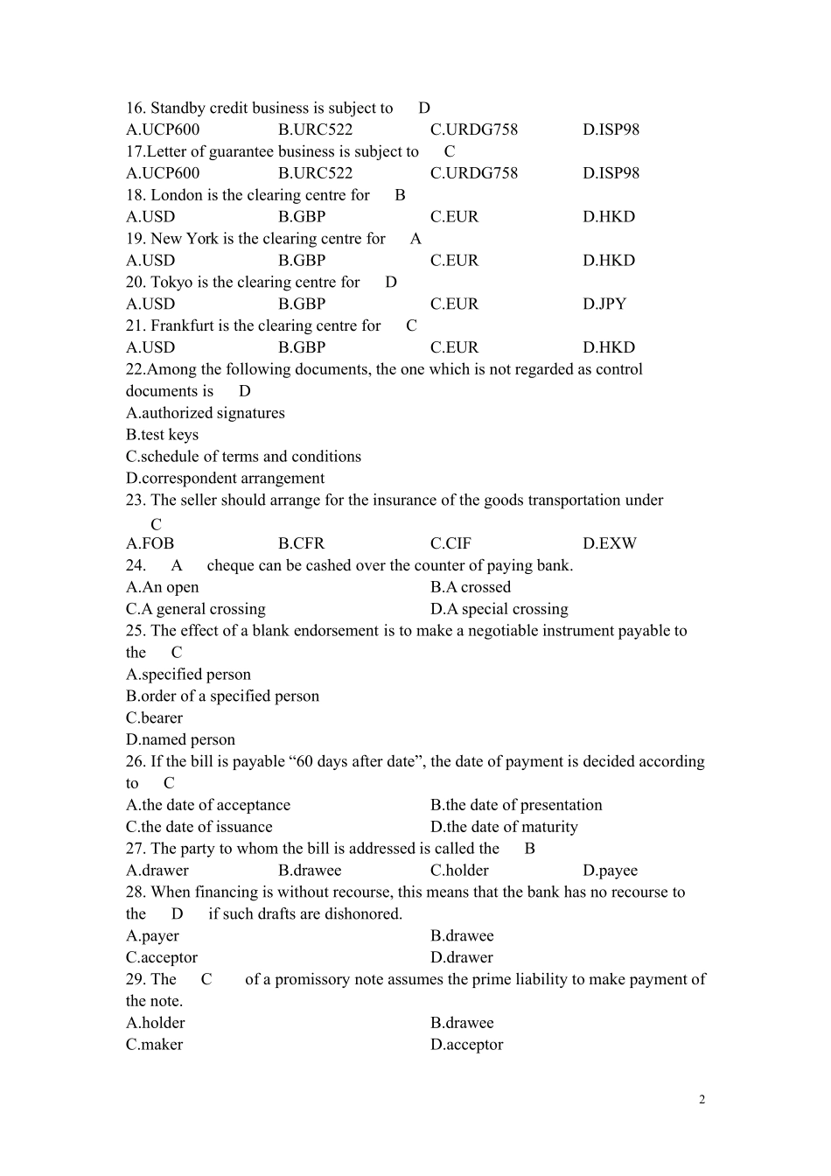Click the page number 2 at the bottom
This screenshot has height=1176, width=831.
pos(702,1100)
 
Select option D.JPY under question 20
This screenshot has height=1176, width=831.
pos(604,304)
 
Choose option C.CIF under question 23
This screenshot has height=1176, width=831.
pos(450,543)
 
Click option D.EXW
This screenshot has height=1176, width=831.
pos(610,543)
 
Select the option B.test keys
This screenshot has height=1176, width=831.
pos(162,435)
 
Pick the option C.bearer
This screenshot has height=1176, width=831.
pos(154,718)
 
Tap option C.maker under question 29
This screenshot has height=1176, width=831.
pos(154,1045)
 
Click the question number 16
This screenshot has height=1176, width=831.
pos(135,108)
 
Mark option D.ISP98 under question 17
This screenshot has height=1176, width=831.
pos(611,173)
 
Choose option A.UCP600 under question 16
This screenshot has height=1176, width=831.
pos(163,129)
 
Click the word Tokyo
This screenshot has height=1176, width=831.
pos(171,283)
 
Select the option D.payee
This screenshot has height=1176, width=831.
pos(610,871)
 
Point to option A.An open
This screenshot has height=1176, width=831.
pos(162,587)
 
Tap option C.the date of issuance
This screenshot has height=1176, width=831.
pos(199,827)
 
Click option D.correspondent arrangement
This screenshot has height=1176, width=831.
pos(225,479)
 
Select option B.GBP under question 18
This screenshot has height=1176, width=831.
pos(302,217)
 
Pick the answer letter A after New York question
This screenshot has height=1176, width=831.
pos(415,239)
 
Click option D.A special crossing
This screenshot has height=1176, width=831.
pos(499,609)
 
